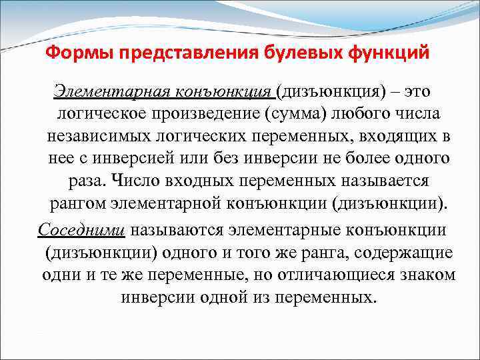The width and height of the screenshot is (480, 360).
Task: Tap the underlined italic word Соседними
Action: pos(81,229)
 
